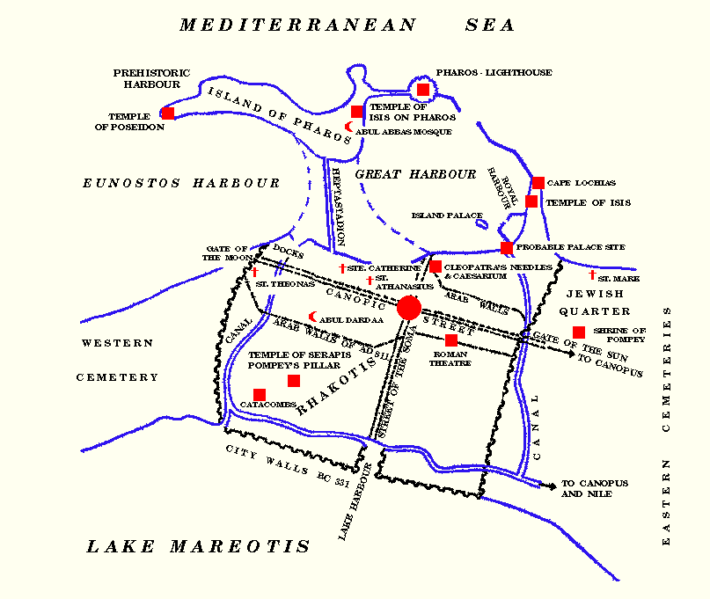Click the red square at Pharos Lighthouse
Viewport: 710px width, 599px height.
coord(423,90)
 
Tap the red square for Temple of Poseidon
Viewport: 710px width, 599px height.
coord(167,113)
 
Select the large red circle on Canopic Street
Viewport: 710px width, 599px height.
coord(409,308)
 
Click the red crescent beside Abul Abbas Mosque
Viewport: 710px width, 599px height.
coord(348,128)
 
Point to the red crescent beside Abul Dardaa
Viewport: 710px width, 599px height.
coord(312,318)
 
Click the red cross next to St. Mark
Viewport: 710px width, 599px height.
coord(592,275)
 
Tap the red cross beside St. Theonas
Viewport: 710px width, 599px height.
coord(254,273)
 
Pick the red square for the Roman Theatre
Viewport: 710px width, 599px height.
coord(451,340)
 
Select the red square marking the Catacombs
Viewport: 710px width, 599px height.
coord(260,395)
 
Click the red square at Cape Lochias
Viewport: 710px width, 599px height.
coord(538,183)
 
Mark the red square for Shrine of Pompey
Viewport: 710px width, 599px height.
coord(579,332)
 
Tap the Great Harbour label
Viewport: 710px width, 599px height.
coord(415,175)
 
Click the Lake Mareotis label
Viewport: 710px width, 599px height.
coord(198,547)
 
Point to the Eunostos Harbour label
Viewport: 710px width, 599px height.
coord(181,184)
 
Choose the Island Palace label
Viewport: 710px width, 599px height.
coord(447,215)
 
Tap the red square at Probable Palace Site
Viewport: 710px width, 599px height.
coord(507,248)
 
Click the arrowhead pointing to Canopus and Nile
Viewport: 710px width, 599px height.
coord(552,485)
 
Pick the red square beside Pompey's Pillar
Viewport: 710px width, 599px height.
coord(294,381)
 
